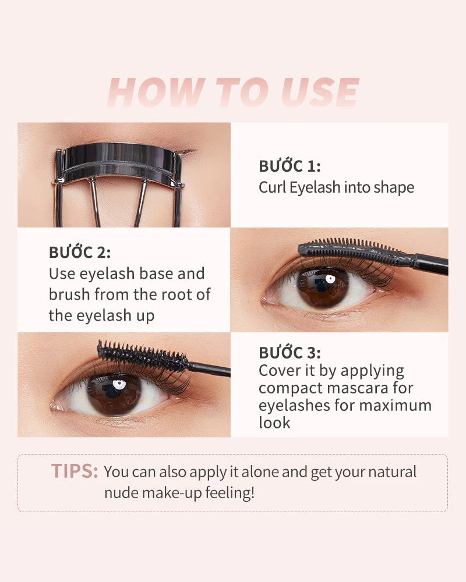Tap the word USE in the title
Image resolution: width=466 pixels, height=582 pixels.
(319, 92)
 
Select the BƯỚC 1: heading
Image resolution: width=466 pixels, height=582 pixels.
(290, 166)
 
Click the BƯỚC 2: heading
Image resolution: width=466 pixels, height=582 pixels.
(80, 253)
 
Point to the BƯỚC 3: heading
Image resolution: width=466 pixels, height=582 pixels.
(290, 353)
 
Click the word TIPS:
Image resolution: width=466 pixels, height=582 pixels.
(75, 471)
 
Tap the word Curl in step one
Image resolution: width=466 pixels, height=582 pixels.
(272, 187)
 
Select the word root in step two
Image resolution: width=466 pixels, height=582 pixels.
(173, 294)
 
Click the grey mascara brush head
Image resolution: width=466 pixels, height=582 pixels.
(355, 252)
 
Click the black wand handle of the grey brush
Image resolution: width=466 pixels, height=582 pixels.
(432, 264)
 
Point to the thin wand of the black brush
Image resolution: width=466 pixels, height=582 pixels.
(210, 368)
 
